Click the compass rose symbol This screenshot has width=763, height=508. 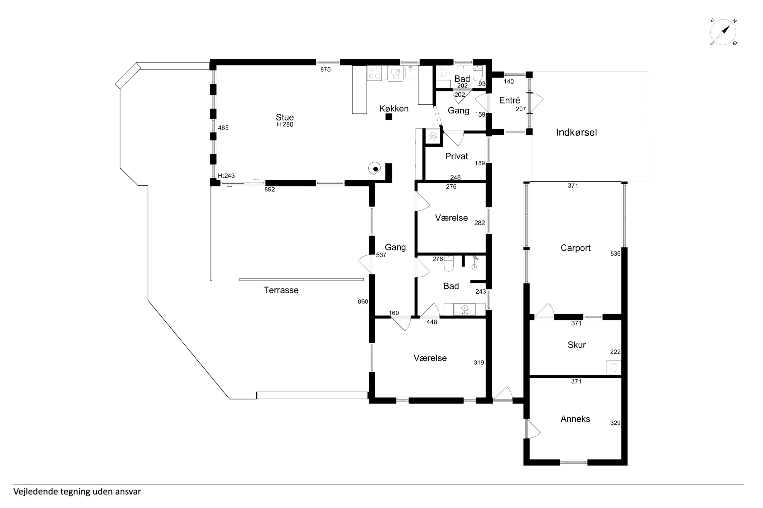point(723,32)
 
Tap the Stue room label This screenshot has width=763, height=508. point(285,117)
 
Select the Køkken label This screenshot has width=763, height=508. point(394,108)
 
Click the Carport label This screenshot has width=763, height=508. point(576,248)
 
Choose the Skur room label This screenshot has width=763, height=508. point(577,345)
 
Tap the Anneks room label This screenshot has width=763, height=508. point(575,419)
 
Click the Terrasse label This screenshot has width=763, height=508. point(281,290)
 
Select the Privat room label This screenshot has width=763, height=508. point(457,156)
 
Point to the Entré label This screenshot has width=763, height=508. point(510,100)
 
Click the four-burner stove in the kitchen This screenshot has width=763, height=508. point(374,73)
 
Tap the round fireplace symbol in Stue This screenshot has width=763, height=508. point(375,168)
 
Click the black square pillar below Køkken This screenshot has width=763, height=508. point(389,117)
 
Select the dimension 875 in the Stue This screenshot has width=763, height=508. point(325,69)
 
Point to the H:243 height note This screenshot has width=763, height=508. point(226,176)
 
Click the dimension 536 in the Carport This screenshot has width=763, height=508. point(615,254)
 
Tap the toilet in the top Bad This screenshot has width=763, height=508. point(478,73)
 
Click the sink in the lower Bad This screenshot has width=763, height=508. point(465,309)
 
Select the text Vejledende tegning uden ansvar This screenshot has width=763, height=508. point(77,492)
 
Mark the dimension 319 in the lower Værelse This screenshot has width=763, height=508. point(479,362)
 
